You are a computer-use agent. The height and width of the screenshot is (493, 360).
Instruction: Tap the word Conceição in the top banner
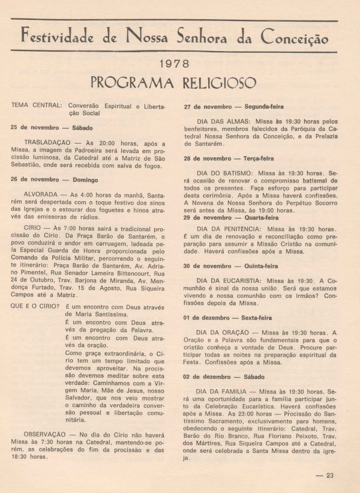[x=295, y=37]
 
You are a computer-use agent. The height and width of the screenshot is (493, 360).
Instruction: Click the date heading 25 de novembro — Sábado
[x=47, y=128]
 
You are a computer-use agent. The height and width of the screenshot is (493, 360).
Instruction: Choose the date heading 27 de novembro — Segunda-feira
[x=226, y=107]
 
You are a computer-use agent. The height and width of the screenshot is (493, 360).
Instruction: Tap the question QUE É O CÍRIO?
[x=35, y=306]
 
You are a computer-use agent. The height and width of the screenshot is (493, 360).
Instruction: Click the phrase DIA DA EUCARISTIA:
[x=234, y=280]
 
